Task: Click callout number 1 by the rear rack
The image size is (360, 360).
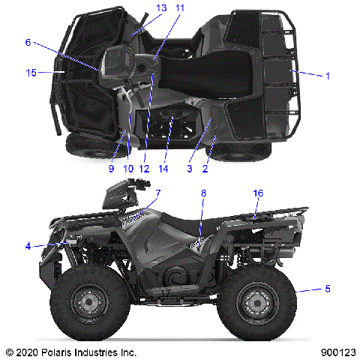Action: click(327, 75)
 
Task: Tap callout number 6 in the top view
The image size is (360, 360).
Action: click(28, 43)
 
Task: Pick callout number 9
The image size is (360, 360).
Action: click(111, 169)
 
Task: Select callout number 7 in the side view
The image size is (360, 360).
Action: click(158, 193)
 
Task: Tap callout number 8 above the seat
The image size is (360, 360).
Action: click(203, 193)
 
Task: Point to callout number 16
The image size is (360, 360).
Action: click(258, 193)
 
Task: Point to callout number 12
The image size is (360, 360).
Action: click(142, 169)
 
